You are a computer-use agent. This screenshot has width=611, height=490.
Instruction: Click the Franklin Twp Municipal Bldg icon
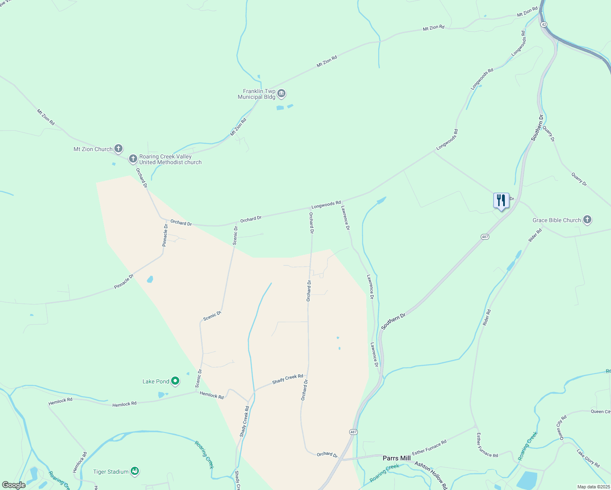281,94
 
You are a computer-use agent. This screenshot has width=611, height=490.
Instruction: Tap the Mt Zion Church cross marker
118,149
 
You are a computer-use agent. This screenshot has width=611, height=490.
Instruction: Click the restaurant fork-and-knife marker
501,200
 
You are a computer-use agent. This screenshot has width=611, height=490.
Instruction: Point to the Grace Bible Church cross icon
587,220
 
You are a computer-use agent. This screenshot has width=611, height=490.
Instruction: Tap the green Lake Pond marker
175,381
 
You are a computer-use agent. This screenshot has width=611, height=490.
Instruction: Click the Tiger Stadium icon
135,471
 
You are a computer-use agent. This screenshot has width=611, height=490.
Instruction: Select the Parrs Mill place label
397,458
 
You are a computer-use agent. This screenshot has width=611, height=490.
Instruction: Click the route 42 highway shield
543,24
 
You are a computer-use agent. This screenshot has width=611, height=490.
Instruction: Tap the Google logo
14,485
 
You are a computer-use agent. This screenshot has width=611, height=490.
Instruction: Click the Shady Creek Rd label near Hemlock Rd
288,379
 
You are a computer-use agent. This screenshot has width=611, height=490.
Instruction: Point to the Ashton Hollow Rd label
431,475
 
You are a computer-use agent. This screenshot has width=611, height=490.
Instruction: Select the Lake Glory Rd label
588,458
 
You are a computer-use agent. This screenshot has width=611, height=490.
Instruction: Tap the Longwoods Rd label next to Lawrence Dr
326,205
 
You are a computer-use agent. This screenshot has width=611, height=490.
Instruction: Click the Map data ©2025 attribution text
593,487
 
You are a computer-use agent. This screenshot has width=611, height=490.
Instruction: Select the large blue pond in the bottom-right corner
530,480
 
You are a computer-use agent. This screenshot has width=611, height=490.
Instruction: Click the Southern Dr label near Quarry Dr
537,128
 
